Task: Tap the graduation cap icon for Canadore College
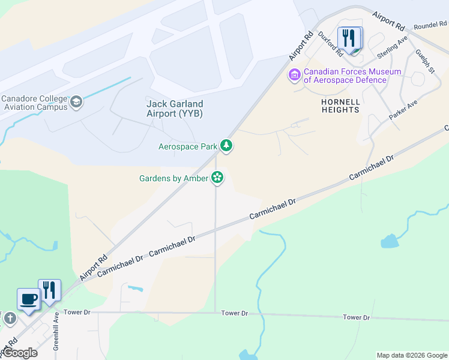pos(76,102)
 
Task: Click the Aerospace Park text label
pos(188,146)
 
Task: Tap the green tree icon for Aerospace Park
pos(226,145)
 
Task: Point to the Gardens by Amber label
pos(173,178)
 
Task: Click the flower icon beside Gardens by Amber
pos(217,177)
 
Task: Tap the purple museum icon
pos(294,75)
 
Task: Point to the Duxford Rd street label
pos(331,44)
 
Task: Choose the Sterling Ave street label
pos(393,46)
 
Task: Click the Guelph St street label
pos(425,62)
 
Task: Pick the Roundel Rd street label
pos(430,25)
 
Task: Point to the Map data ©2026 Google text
pos(411,355)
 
